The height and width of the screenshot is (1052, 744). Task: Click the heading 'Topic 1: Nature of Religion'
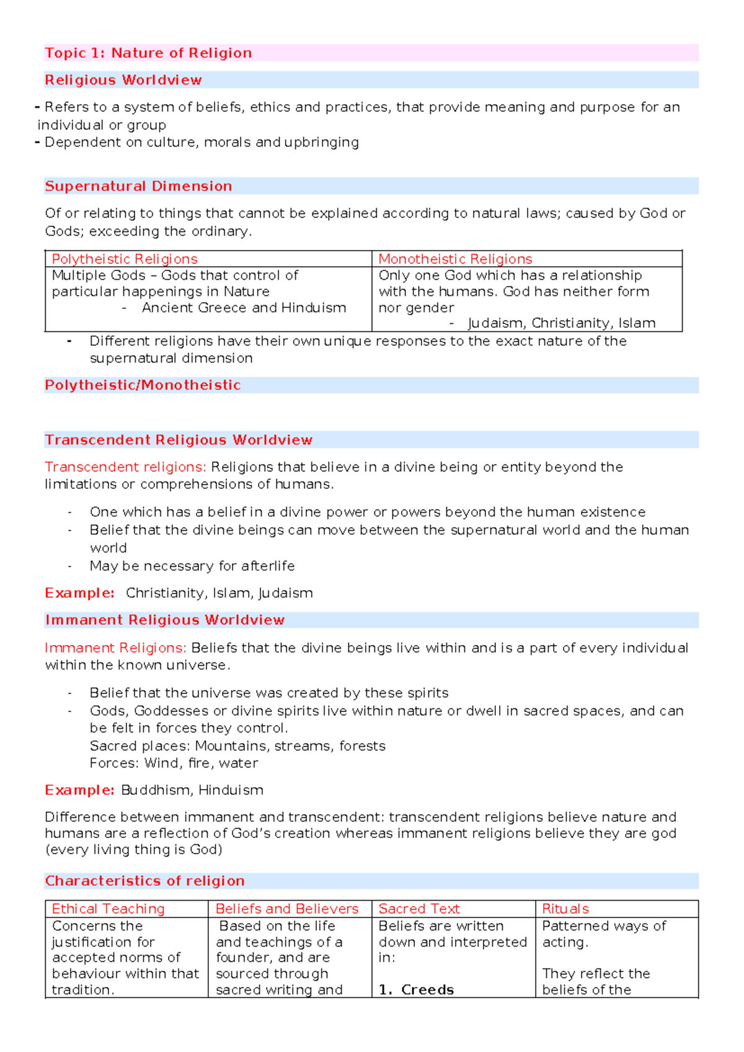[x=148, y=53]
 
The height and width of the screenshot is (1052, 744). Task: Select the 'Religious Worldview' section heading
[x=123, y=80]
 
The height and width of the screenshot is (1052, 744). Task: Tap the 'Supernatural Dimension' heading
[x=138, y=186]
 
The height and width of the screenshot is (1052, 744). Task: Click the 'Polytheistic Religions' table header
[x=125, y=259]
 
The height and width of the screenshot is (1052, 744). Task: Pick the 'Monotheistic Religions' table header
[x=455, y=259]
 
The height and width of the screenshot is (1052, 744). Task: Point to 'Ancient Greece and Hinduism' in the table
[x=244, y=308]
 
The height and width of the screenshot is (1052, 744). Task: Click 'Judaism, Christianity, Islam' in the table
[x=561, y=323]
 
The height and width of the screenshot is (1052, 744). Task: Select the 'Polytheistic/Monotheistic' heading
[x=143, y=385]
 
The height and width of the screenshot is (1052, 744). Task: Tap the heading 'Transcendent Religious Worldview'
[x=179, y=440]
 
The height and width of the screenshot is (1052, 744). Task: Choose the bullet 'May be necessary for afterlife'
[x=192, y=566]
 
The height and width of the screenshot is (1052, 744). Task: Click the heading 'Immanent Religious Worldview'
[x=165, y=620]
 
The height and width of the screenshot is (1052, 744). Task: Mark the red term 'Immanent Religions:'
[x=115, y=648]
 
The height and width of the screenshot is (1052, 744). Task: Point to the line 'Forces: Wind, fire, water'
[x=174, y=763]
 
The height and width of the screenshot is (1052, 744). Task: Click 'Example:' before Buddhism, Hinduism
[x=79, y=790]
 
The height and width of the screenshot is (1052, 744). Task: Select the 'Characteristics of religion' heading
[x=144, y=881]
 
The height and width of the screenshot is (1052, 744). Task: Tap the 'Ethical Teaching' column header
[x=108, y=909]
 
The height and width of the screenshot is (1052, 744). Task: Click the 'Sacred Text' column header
[x=419, y=909]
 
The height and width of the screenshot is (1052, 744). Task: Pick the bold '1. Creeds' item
[x=417, y=989]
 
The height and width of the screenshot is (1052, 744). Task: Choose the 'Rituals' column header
[x=565, y=909]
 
